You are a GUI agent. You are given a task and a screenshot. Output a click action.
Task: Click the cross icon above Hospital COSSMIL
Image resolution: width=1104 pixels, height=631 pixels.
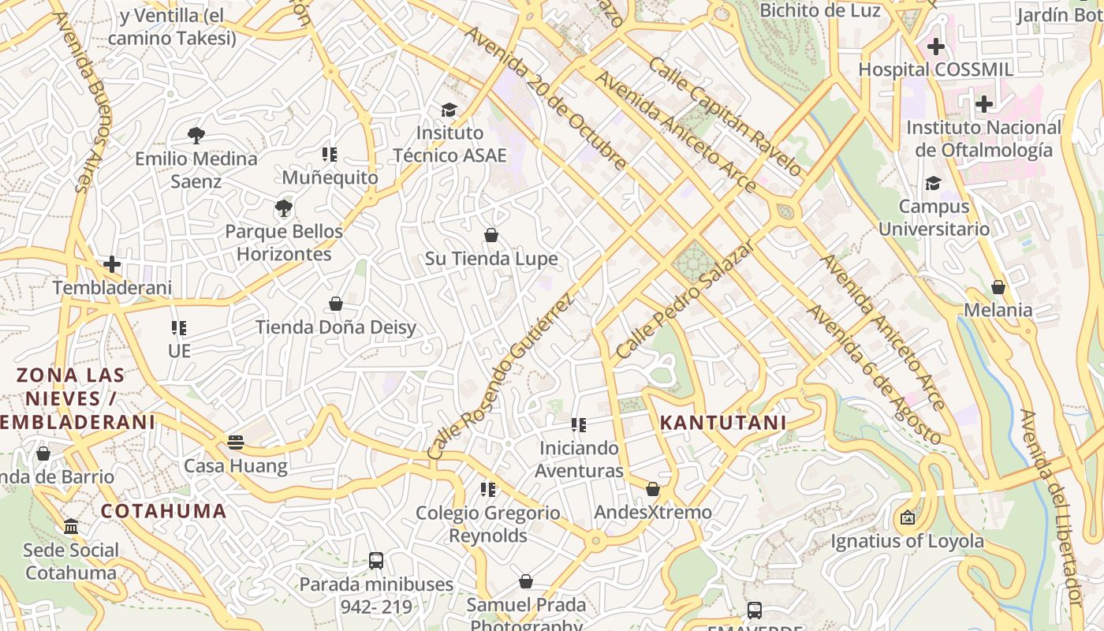pos(936,47)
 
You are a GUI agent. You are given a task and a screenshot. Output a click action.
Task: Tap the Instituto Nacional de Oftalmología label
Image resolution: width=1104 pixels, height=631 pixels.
pos(983,139)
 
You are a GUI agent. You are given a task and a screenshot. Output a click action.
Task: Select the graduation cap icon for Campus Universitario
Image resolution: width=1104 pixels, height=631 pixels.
pos(934,183)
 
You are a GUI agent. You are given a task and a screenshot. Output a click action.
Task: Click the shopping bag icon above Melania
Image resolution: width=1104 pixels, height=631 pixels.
pos(998,287)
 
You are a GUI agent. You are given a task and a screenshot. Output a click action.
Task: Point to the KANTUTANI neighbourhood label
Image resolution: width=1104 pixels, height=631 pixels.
pos(723,423)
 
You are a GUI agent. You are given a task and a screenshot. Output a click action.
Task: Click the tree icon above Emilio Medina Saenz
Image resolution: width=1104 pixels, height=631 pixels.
pos(196,136)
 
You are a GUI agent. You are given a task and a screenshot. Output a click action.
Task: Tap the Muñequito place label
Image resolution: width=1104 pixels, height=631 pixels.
pos(330,177)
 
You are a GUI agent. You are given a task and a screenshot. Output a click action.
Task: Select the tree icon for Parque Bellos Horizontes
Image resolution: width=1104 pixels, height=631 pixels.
pos(284,209)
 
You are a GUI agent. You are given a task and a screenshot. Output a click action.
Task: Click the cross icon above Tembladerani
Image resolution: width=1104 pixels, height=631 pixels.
pos(112,264)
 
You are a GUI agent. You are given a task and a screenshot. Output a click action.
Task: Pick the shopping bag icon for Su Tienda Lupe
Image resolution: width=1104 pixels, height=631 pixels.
pos(491,235)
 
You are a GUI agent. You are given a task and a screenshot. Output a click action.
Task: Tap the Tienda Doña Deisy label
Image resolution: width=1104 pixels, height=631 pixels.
pos(336,327)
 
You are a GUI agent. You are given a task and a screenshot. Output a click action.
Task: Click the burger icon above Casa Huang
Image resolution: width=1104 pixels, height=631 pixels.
pos(236,442)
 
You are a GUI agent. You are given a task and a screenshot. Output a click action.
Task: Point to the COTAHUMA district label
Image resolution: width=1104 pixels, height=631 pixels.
pos(164,510)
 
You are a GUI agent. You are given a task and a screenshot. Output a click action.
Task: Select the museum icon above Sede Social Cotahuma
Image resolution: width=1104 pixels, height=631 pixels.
pos(71,526)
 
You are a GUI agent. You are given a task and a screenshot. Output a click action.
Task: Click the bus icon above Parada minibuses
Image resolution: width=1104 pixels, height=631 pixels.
pos(376,561)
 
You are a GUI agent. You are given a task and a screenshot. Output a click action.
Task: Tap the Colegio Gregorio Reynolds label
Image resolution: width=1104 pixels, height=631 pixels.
pos(488,524)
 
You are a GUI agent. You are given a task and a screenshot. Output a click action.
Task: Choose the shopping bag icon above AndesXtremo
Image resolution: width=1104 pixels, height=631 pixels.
pos(653,489)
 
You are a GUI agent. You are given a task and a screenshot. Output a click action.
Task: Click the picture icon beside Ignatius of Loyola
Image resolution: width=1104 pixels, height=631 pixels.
pos(908,518)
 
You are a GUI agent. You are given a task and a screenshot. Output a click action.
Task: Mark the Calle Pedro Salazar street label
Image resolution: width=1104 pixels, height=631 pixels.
pos(685,301)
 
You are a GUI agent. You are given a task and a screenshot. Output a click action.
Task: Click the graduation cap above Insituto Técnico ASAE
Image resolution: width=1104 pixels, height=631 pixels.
pos(449,110)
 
